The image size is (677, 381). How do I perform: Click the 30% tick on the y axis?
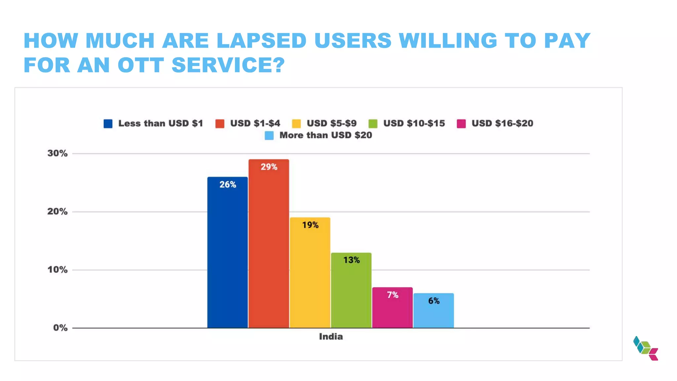(x=58, y=153)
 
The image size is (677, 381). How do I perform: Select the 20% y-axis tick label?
(x=58, y=212)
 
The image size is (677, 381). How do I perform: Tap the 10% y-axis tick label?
(x=58, y=270)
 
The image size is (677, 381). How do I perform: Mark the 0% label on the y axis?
(x=60, y=328)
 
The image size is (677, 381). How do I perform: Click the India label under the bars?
(x=331, y=337)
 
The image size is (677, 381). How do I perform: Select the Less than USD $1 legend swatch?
(x=108, y=124)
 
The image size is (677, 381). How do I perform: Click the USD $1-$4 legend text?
(x=255, y=123)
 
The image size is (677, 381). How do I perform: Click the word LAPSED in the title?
(x=261, y=41)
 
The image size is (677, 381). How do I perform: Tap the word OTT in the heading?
(x=140, y=65)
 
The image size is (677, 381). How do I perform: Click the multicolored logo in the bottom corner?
(x=646, y=348)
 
